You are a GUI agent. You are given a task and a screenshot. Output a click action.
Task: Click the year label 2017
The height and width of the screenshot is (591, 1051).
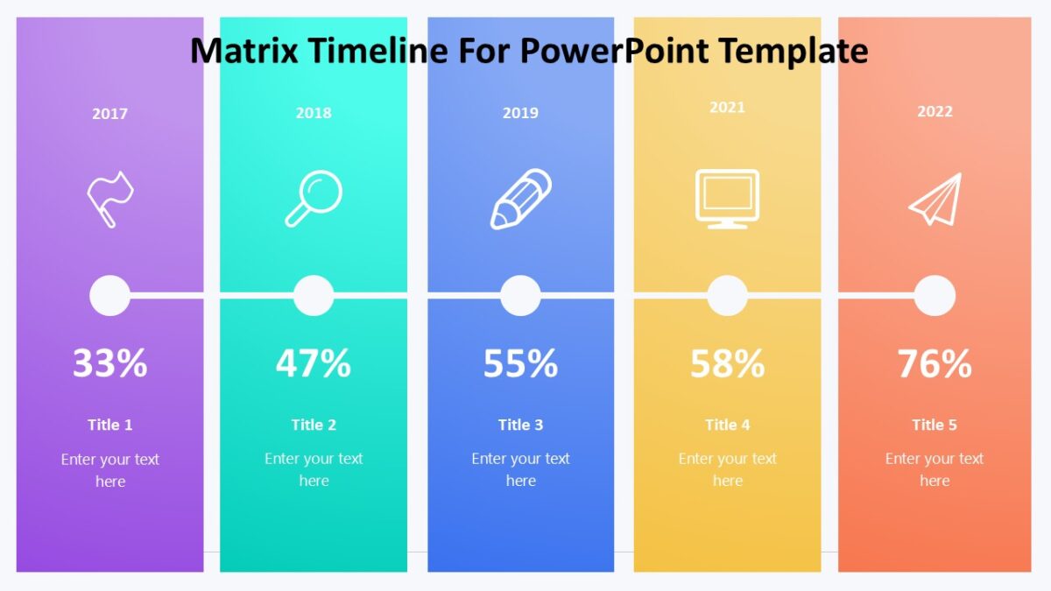click(x=109, y=113)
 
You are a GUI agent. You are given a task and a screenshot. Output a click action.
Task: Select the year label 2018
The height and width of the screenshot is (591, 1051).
click(x=314, y=113)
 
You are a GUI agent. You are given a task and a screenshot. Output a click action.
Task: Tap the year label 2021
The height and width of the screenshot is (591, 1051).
click(x=727, y=107)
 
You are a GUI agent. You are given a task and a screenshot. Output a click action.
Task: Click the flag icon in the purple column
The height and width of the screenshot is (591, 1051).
click(x=109, y=200)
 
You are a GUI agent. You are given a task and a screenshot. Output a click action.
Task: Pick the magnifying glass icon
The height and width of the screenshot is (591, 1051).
click(x=314, y=199)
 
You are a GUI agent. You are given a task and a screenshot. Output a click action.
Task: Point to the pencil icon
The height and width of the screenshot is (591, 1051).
click(x=520, y=200)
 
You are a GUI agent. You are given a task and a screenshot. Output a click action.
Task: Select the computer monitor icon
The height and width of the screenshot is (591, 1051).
click(x=727, y=199)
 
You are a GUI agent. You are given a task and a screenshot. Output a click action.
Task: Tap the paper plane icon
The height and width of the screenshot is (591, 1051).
click(x=935, y=199)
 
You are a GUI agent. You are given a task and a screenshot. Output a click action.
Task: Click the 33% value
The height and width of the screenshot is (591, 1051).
click(x=109, y=363)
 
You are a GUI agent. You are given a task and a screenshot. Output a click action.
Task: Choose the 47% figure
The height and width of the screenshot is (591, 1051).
click(x=314, y=363)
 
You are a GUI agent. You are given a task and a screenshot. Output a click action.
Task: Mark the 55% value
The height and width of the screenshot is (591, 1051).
click(x=520, y=363)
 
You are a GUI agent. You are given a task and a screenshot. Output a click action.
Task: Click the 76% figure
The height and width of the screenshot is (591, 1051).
click(x=935, y=363)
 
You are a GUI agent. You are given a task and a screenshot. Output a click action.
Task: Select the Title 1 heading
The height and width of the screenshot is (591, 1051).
click(x=109, y=425)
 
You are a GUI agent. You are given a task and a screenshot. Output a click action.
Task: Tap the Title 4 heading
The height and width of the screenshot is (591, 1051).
click(x=727, y=425)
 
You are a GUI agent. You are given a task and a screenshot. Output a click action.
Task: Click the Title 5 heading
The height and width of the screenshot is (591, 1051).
click(x=935, y=425)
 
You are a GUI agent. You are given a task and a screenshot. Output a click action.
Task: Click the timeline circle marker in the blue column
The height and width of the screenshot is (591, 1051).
click(x=520, y=296)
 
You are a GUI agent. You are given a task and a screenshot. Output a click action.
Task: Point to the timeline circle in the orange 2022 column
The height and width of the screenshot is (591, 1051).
click(x=935, y=296)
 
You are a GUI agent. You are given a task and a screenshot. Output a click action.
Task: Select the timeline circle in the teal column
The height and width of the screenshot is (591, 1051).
click(x=314, y=296)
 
